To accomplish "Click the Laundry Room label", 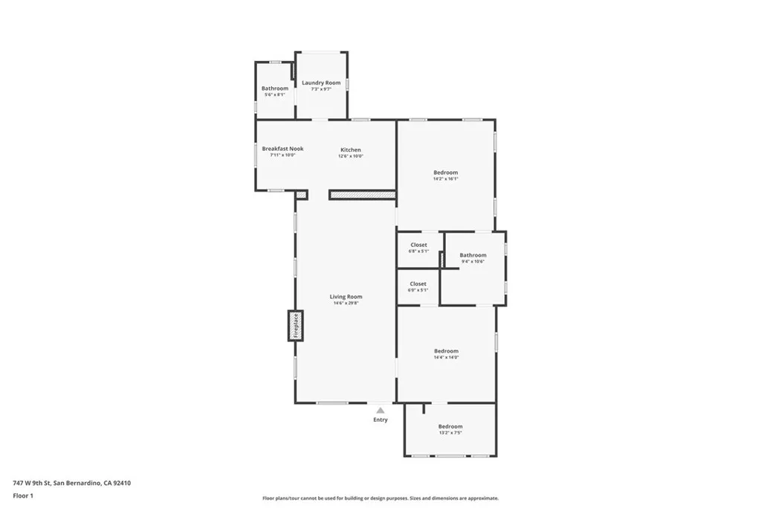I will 321,83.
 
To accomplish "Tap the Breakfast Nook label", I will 282,149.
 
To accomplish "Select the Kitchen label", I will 351,149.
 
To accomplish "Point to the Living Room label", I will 346,297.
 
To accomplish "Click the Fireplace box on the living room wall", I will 296,326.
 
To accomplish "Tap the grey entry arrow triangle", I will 380,410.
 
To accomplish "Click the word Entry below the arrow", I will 380,420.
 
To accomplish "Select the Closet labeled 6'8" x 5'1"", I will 418,245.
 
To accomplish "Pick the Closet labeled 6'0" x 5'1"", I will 418,283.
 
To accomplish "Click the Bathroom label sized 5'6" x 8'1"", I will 274,89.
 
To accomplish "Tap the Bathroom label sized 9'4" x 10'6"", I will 473,255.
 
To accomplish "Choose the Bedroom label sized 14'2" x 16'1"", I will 446,173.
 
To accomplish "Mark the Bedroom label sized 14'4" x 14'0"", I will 446,351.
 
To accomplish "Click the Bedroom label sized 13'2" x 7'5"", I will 450,426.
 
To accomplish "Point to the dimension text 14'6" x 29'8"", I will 346,303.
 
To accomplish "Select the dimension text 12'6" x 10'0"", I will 351,155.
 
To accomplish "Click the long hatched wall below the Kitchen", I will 362,195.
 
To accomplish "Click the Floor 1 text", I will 23,495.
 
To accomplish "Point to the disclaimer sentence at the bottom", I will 380,498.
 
